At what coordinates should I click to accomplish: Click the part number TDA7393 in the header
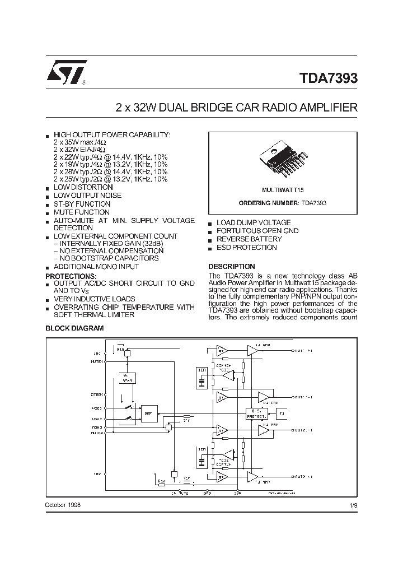pyautogui.click(x=326, y=78)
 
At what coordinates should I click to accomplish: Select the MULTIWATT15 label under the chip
pyautogui.click(x=282, y=191)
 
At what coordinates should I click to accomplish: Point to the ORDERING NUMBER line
pyautogui.click(x=282, y=203)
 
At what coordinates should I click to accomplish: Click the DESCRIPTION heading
pyautogui.click(x=231, y=266)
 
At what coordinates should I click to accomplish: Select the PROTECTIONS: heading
pyautogui.click(x=71, y=276)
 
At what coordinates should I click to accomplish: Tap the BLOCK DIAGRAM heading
pyautogui.click(x=74, y=328)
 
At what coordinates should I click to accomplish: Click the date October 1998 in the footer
pyautogui.click(x=62, y=505)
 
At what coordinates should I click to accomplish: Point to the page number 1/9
pyautogui.click(x=352, y=505)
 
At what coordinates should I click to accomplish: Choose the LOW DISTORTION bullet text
pyautogui.click(x=83, y=187)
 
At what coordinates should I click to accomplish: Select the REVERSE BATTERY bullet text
pyautogui.click(x=249, y=239)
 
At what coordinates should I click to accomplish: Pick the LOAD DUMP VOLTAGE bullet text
pyautogui.click(x=253, y=222)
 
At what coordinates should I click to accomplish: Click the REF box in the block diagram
pyautogui.click(x=148, y=414)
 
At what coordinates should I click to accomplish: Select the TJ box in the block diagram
pyautogui.click(x=282, y=414)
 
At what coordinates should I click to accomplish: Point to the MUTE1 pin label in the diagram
pyautogui.click(x=97, y=362)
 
